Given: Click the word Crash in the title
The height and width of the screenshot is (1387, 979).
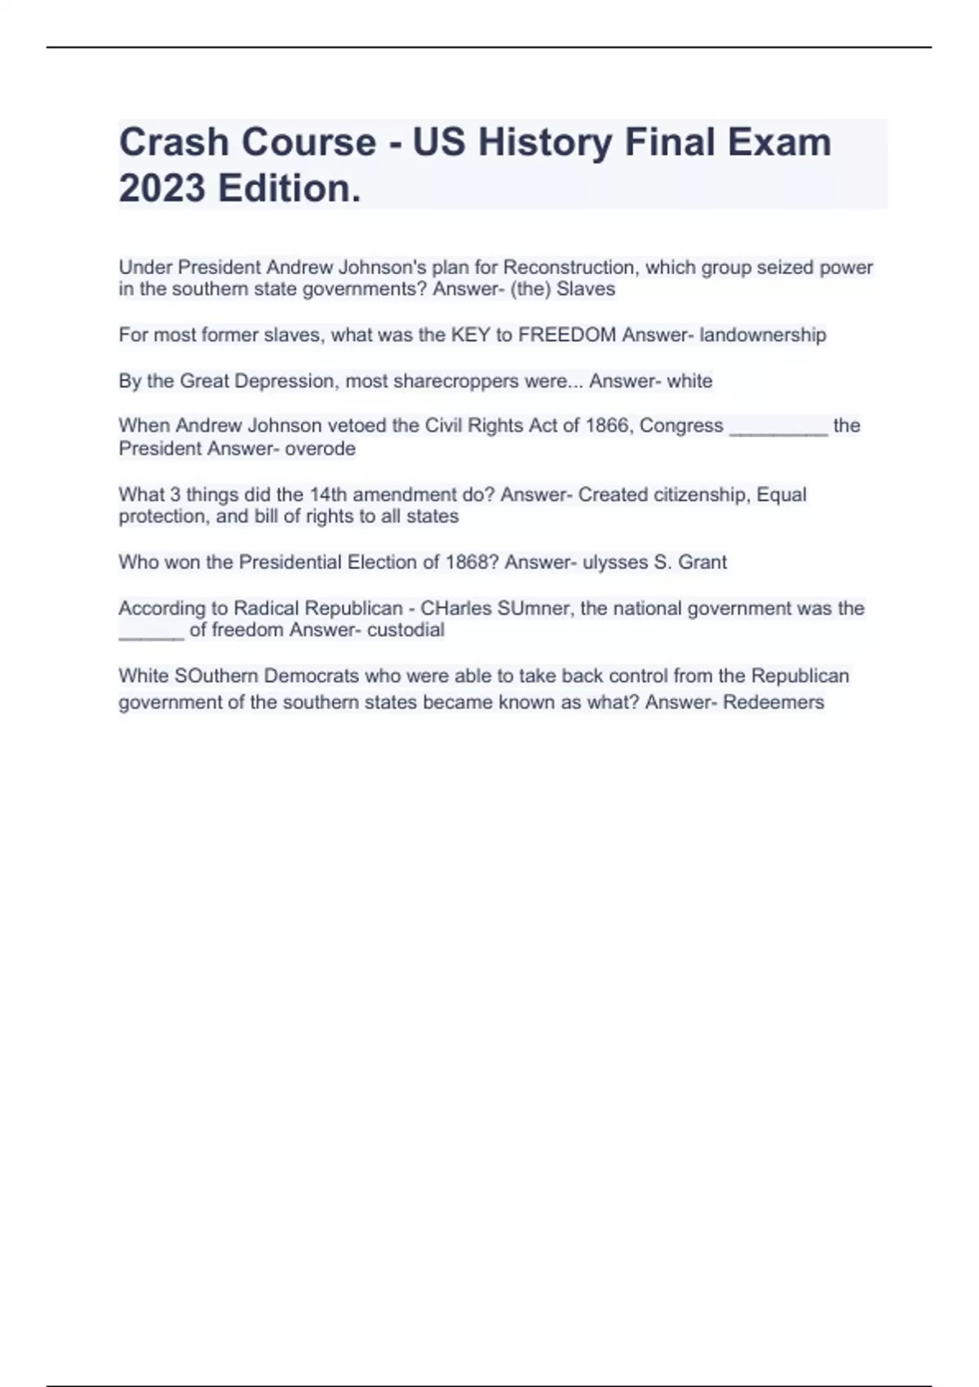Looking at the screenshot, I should (x=174, y=142).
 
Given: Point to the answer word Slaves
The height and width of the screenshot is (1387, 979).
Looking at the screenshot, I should (x=586, y=290).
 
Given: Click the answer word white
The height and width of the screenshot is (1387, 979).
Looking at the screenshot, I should (x=689, y=381).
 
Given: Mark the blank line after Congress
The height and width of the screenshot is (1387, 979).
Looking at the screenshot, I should (x=778, y=432).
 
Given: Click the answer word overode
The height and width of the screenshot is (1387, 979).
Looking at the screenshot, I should (x=320, y=449).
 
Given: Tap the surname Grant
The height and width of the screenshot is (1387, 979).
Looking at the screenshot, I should (x=702, y=562).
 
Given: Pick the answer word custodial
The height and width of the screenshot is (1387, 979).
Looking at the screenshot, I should (x=405, y=630).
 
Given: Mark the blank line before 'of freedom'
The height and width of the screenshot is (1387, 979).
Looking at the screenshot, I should (x=151, y=636).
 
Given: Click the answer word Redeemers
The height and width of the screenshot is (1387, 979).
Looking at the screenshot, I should (x=773, y=702).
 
